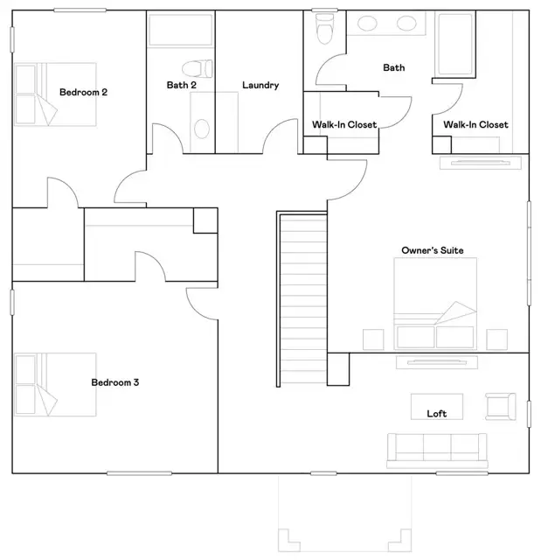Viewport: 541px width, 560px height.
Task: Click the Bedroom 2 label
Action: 83,92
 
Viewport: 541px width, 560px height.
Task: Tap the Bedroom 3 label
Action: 115,382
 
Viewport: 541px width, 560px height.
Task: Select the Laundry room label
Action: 260,86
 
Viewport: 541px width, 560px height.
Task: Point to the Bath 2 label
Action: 181,86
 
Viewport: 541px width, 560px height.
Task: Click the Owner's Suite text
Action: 427,251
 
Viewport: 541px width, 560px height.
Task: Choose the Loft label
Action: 437,414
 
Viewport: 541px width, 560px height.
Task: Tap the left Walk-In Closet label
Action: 344,125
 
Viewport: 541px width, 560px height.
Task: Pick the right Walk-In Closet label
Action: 475,125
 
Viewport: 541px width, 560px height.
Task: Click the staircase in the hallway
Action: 302,297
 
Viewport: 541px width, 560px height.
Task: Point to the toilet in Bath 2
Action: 197,68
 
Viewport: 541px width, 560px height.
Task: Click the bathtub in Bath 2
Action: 180,31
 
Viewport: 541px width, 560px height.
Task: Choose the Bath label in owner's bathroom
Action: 393,67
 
